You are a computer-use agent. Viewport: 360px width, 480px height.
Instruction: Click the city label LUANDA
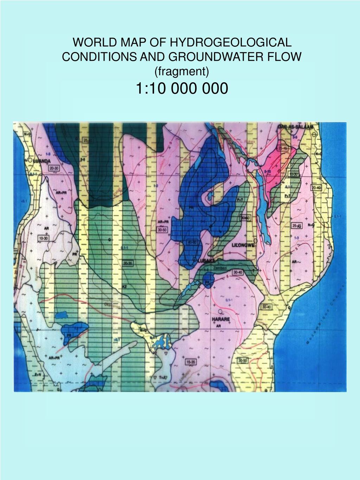click(41, 161)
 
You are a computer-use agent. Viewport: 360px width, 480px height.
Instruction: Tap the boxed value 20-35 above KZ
click(128, 263)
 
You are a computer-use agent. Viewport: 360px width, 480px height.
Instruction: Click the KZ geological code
click(124, 287)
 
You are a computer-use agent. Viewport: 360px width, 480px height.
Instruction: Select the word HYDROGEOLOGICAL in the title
click(231, 43)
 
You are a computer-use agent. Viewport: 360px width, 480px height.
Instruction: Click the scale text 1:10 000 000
click(181, 89)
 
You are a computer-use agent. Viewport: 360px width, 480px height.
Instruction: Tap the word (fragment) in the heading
click(182, 71)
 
